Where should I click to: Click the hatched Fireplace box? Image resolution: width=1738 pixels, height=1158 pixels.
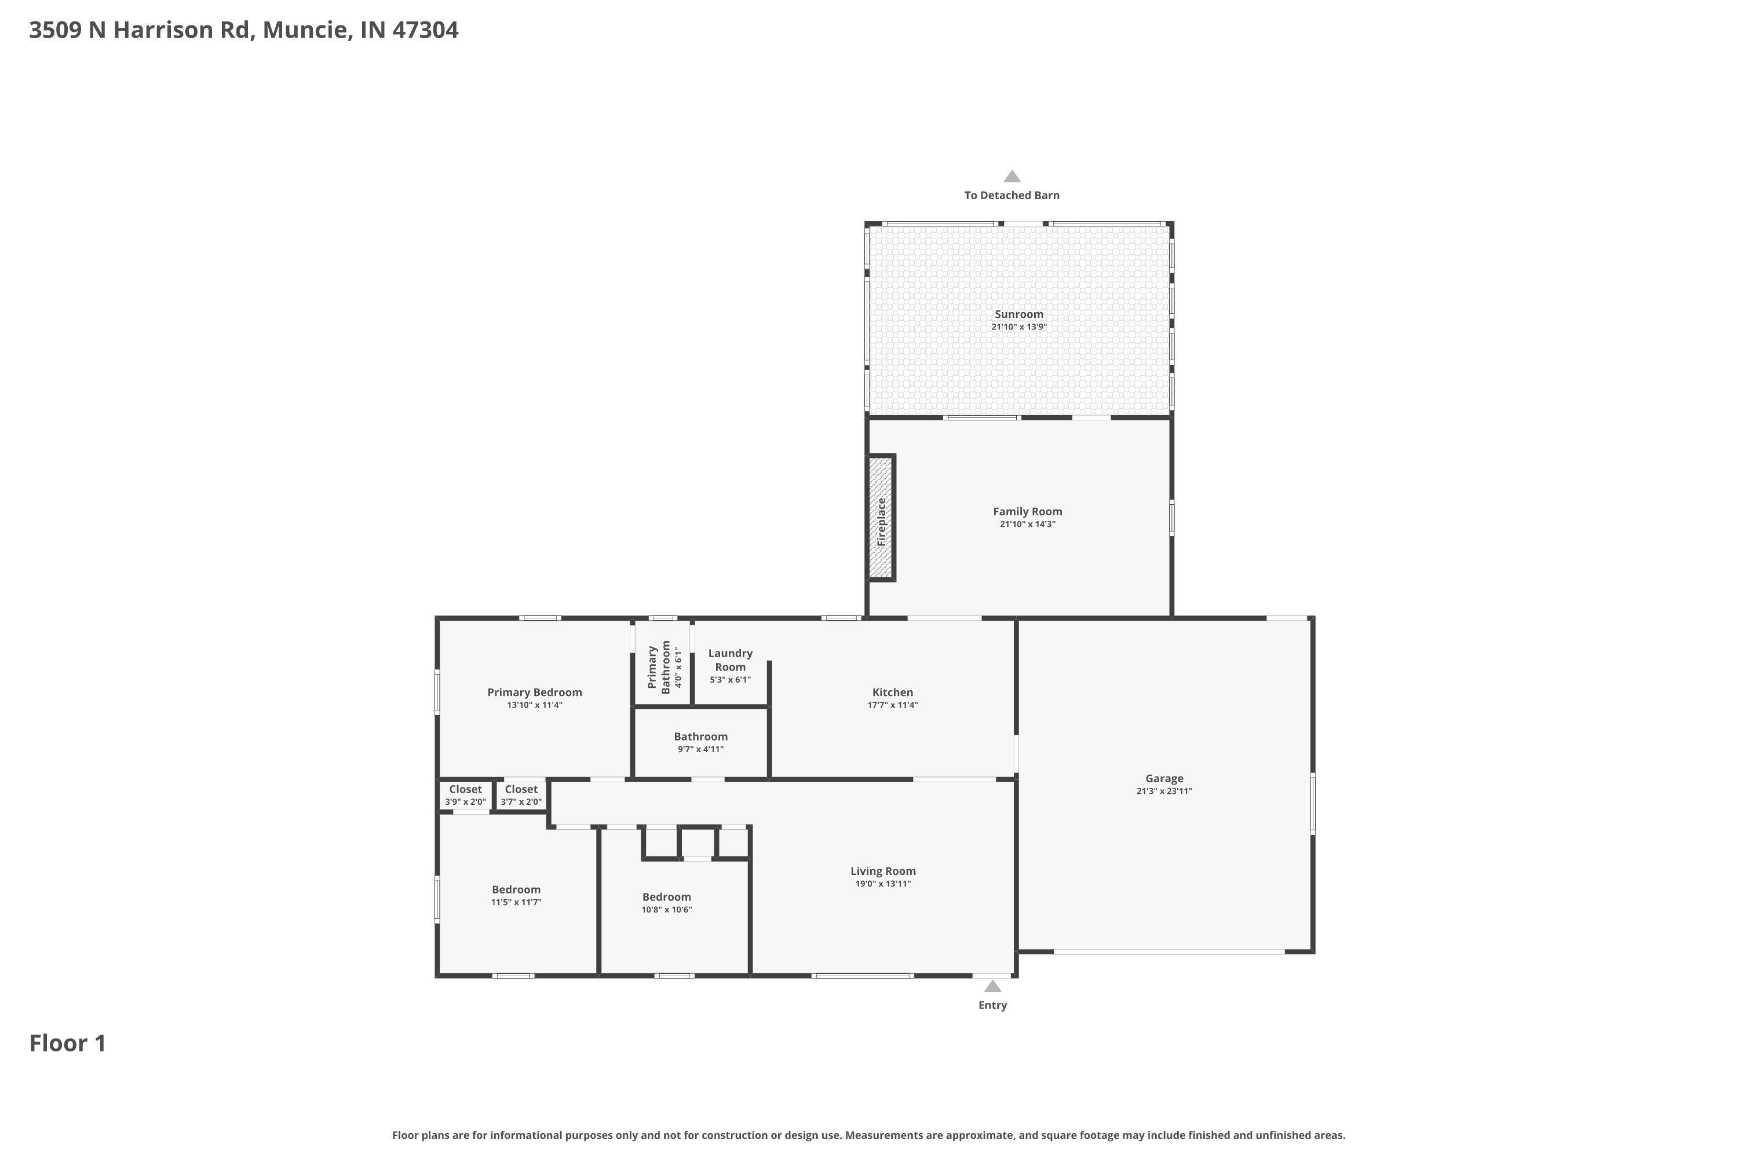[x=881, y=518]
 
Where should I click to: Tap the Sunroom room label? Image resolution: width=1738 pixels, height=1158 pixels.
[x=1018, y=314]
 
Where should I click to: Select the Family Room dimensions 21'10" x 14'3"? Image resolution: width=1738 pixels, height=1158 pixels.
[x=1027, y=525]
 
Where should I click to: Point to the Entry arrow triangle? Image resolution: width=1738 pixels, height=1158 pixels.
[x=992, y=987]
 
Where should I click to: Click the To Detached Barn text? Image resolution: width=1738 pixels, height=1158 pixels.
[x=1011, y=195]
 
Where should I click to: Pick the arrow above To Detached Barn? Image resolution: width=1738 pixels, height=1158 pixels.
[x=1012, y=177]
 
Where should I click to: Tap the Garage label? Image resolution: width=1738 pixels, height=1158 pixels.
[x=1164, y=778]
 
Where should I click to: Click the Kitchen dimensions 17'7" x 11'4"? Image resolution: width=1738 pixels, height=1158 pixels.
[x=892, y=705]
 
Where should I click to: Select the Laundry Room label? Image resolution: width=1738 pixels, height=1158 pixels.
[x=730, y=660]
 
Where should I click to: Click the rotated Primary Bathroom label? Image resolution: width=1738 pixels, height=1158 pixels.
[x=659, y=666]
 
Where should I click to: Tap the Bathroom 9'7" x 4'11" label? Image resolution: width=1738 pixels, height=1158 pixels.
[x=700, y=742]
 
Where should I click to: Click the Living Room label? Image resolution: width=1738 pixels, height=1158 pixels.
[x=882, y=871]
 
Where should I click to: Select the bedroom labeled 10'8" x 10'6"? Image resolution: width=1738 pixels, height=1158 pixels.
[x=667, y=903]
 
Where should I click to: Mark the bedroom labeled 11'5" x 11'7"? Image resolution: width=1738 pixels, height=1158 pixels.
[x=516, y=895]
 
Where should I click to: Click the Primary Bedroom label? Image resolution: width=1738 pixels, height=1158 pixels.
[x=534, y=692]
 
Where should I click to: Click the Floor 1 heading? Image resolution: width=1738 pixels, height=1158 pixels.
[x=67, y=1043]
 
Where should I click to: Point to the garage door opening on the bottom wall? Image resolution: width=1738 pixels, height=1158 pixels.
[x=1169, y=952]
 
